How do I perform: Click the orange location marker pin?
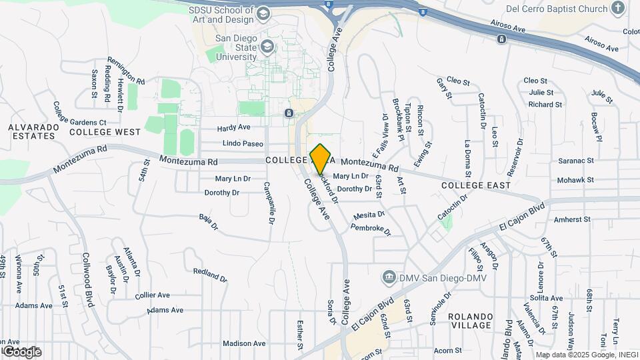(321, 159)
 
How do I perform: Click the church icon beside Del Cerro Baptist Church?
(618, 9)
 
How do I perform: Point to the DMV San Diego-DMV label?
(443, 277)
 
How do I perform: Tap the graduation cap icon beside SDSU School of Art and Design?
(263, 14)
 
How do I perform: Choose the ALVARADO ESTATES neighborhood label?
(31, 131)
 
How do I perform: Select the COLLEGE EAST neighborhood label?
(475, 185)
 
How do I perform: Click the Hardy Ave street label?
(234, 127)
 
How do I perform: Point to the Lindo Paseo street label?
(243, 143)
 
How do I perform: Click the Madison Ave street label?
(244, 343)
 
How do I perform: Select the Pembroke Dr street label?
(371, 230)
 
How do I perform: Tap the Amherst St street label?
(572, 219)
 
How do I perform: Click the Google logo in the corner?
(22, 351)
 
